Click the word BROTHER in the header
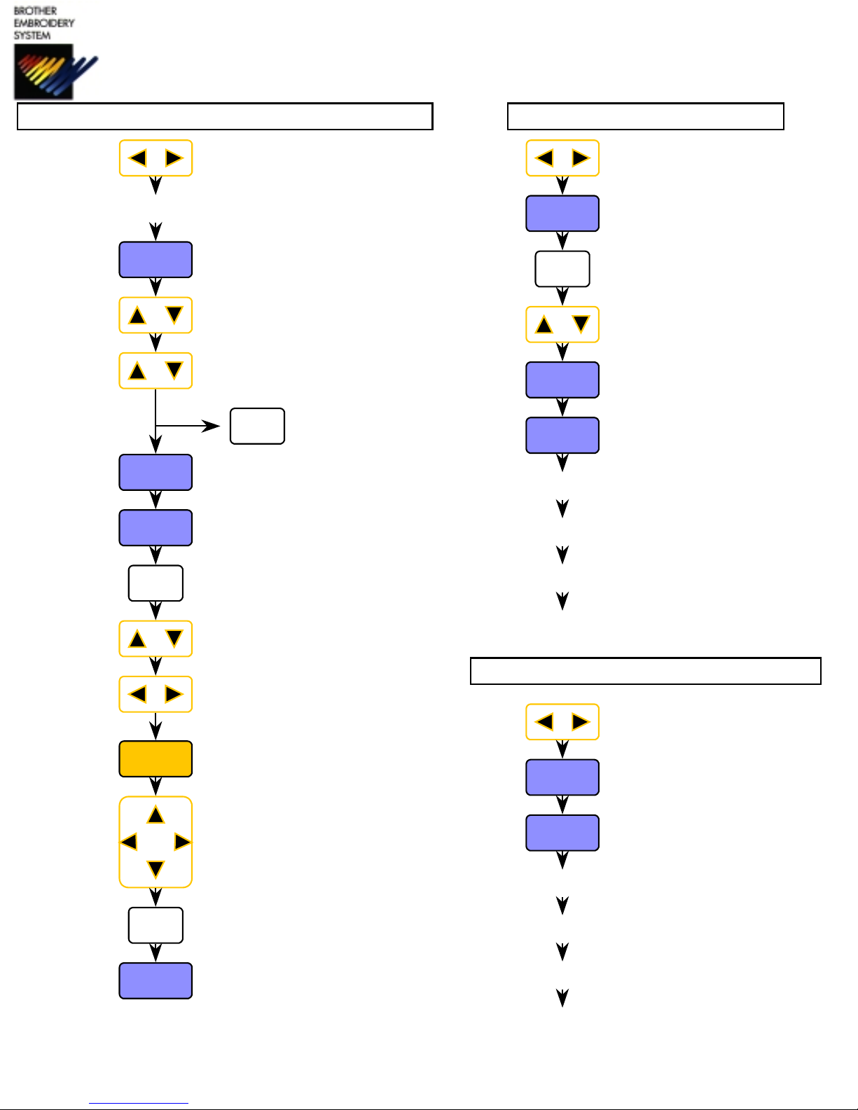(35, 11)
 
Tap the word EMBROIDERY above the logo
(43, 23)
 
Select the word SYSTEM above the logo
(32, 35)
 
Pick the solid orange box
(155, 759)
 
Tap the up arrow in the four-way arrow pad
(155, 814)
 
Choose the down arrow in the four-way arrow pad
(155, 870)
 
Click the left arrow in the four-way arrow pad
(129, 841)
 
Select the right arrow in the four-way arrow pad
(182, 841)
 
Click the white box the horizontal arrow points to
(257, 426)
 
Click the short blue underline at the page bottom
(139, 1104)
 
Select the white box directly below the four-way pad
(155, 925)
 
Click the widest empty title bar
(225, 116)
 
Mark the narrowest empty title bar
(645, 116)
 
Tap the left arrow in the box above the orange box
(137, 694)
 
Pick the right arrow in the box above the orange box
(174, 694)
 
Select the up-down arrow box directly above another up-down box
(155, 315)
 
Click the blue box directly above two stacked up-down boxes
(155, 260)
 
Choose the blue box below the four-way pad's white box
(155, 980)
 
